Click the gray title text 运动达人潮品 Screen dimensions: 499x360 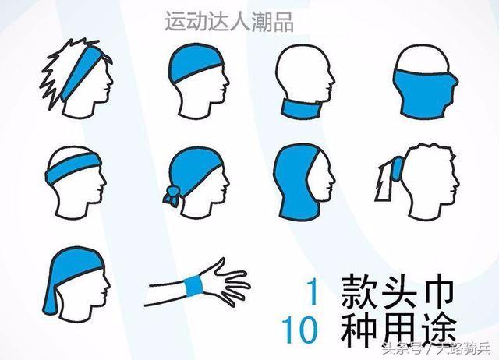click(228, 22)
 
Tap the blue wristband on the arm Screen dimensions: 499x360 click(194, 285)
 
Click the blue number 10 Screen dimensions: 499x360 click(299, 329)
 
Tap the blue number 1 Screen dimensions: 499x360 click(313, 291)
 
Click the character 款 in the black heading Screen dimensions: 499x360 click(358, 291)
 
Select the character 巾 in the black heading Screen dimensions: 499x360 click(436, 291)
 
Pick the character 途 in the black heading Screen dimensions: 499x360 click(437, 330)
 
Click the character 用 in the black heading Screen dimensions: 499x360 click(398, 330)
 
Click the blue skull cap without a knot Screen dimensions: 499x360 click(193, 62)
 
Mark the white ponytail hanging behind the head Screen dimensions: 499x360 click(384, 182)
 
